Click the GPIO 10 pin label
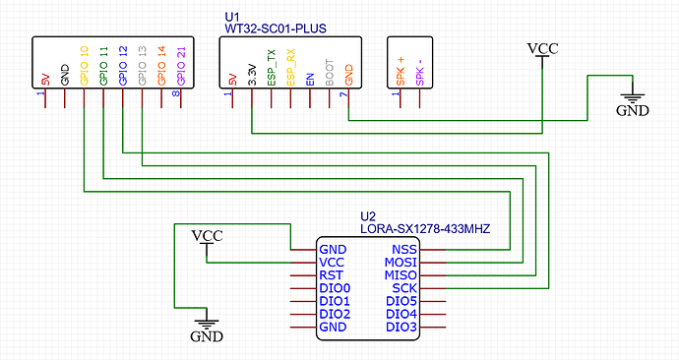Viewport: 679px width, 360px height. [x=84, y=65]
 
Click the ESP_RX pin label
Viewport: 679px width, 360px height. [x=290, y=70]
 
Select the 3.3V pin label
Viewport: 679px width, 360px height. [x=252, y=74]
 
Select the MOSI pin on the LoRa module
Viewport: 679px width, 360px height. [x=401, y=263]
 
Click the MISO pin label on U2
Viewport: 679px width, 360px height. [x=401, y=275]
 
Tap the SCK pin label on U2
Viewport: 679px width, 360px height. [x=404, y=288]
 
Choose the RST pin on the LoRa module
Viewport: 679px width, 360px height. [x=332, y=275]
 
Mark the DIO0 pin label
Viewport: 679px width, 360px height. [x=336, y=288]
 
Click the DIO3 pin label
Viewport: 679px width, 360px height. [x=401, y=327]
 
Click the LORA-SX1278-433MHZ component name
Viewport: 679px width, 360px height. [x=425, y=228]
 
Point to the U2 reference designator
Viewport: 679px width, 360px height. [x=368, y=215]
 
